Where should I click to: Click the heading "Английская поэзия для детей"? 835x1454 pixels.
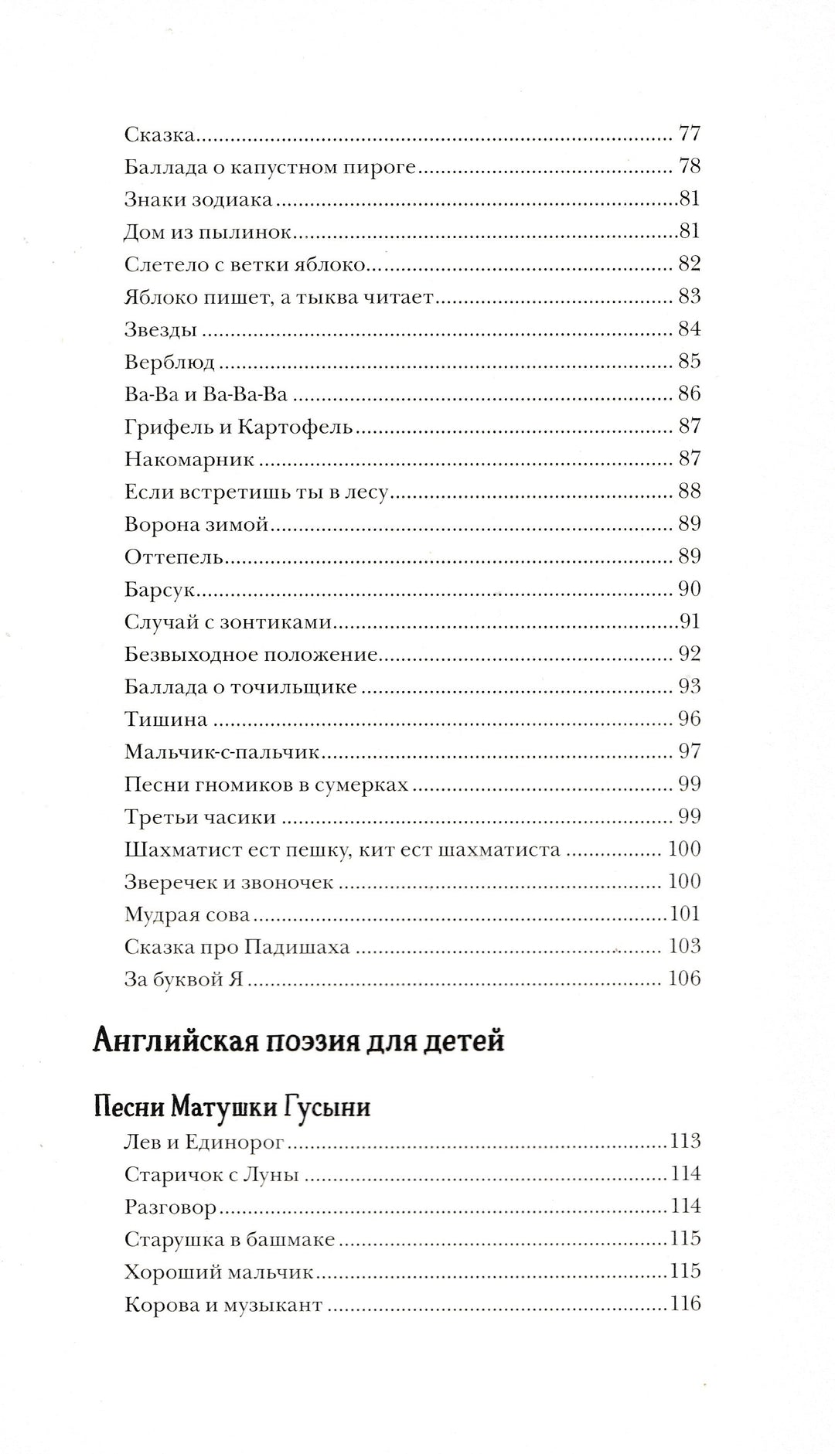click(298, 1041)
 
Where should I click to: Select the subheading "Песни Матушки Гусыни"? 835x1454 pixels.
click(231, 1107)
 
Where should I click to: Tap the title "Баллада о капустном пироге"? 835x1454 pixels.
click(271, 166)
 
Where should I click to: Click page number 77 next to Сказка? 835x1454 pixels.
click(689, 134)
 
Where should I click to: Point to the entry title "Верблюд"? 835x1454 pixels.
click(169, 361)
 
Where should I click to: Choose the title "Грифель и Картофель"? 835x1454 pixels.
click(238, 426)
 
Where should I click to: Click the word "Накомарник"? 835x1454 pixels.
click(189, 459)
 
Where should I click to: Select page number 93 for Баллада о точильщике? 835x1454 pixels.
click(689, 686)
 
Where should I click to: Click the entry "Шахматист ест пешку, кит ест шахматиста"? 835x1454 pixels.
click(342, 850)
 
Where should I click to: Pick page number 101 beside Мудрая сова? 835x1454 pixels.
click(685, 914)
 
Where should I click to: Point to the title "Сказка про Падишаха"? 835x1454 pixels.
click(237, 947)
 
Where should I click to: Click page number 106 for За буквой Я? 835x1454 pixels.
click(684, 979)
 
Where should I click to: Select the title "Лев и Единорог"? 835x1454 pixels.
click(205, 1142)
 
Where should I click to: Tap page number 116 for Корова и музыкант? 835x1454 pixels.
click(685, 1305)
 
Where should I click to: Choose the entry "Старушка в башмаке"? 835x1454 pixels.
click(230, 1240)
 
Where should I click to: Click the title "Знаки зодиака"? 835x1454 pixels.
click(199, 199)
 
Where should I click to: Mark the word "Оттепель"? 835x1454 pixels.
click(174, 557)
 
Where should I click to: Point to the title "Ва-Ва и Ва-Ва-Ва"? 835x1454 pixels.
click(206, 394)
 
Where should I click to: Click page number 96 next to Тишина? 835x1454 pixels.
click(689, 719)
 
